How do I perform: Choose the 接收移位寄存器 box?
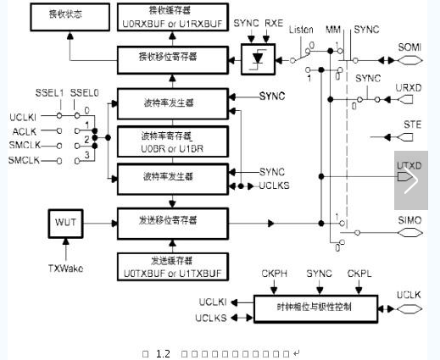pos(172,58)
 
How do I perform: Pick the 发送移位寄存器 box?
pos(172,220)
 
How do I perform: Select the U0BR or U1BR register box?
pos(172,139)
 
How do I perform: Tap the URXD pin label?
pos(409,87)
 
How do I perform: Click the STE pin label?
pos(412,125)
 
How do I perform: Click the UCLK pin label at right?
pos(409,295)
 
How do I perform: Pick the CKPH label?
pos(270,273)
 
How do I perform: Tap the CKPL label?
pos(359,273)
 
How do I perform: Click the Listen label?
pos(301,30)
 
